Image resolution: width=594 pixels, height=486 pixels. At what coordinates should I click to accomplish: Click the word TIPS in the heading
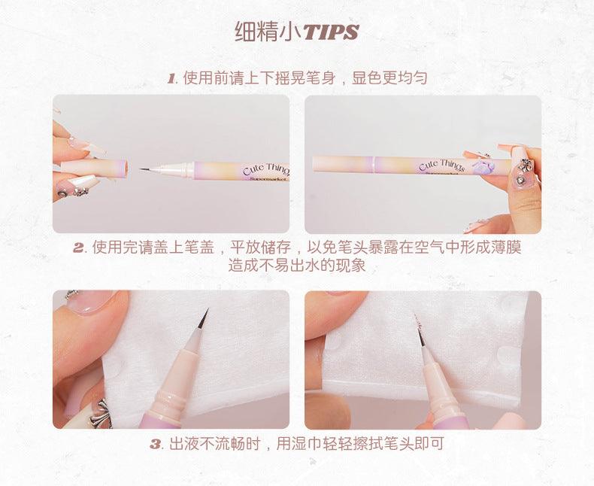[x=330, y=32]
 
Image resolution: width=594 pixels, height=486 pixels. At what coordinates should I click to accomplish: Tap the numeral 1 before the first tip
[x=171, y=77]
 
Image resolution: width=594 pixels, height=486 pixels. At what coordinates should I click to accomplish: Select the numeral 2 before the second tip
[x=78, y=248]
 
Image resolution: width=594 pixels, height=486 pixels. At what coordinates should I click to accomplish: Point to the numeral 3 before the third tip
[x=156, y=444]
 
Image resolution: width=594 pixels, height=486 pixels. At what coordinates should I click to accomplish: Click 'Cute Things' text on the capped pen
[x=441, y=165]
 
